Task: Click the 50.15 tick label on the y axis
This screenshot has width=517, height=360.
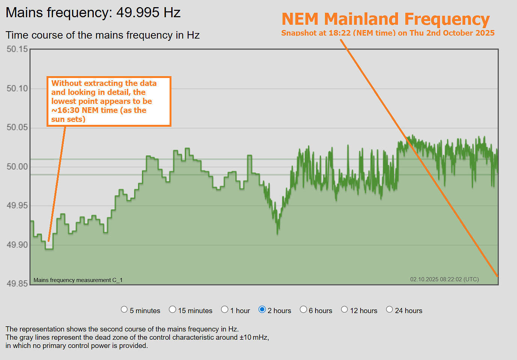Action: (17, 49)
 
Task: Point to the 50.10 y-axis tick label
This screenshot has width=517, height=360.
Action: (17, 88)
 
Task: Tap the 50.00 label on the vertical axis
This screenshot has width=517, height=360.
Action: (17, 166)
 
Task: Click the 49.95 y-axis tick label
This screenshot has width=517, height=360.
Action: (17, 205)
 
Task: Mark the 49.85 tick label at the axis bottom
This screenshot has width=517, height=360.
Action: (17, 283)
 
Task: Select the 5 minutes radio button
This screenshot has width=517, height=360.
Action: (124, 309)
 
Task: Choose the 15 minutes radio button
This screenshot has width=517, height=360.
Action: (173, 309)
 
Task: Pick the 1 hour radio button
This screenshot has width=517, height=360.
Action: (225, 309)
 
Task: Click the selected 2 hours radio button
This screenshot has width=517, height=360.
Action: (262, 309)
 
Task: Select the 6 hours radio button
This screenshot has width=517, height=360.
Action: (304, 309)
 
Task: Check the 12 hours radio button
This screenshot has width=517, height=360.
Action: (344, 309)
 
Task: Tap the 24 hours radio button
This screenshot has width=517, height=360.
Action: (389, 309)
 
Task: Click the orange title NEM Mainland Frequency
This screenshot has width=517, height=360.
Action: (386, 19)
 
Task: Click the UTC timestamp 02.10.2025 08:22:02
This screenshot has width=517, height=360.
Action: (444, 279)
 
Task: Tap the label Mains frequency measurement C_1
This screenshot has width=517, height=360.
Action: (78, 280)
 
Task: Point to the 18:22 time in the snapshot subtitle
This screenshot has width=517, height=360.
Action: (340, 33)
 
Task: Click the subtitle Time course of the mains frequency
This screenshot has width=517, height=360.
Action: (102, 35)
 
